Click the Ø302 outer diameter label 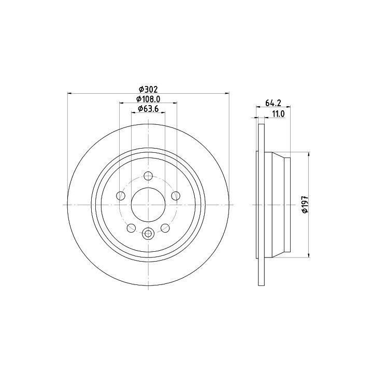click(x=148, y=90)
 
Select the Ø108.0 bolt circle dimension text click(x=148, y=98)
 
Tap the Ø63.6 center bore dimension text click(x=148, y=109)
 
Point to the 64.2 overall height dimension click(x=274, y=103)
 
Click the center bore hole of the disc click(x=148, y=205)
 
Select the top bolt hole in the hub click(x=148, y=176)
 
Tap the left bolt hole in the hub click(x=121, y=196)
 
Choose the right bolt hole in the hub click(x=176, y=196)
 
